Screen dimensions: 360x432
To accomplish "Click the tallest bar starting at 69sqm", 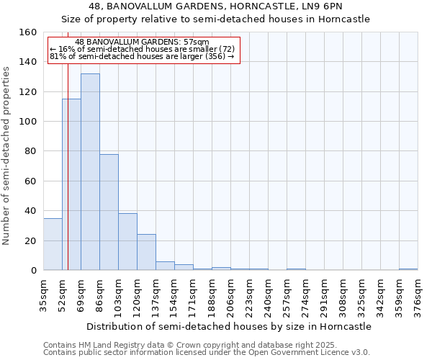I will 90,173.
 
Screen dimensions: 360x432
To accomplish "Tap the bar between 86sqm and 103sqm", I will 109,212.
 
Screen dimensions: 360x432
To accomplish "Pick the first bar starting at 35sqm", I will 53,245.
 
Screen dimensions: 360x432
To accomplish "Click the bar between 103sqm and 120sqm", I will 127,242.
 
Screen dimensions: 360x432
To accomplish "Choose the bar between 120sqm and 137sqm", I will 146,252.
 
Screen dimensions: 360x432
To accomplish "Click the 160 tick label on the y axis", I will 28,32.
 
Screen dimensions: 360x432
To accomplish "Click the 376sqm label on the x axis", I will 418,296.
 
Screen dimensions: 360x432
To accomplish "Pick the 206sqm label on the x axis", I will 230,296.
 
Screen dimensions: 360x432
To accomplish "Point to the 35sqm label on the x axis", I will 43,296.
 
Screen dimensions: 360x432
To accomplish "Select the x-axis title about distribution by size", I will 230,326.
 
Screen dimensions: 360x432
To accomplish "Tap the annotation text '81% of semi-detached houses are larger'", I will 142,56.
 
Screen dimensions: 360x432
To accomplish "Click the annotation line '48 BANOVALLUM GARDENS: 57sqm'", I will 142,42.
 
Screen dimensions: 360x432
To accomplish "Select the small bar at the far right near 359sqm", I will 408,269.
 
